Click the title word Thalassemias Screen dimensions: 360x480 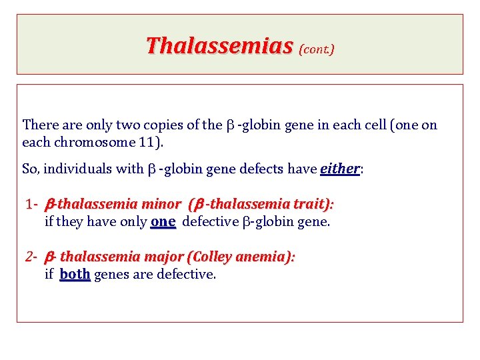[x=219, y=46]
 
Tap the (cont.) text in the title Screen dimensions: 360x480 [x=317, y=49]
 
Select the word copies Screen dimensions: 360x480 [x=160, y=125]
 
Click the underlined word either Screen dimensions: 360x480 [x=340, y=169]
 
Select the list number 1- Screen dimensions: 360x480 [x=33, y=204]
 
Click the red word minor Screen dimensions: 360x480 [x=161, y=204]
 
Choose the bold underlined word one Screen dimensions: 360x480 [x=163, y=221]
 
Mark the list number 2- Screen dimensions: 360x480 [x=33, y=257]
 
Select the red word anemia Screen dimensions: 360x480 [x=265, y=257]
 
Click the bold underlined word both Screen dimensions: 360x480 [x=75, y=274]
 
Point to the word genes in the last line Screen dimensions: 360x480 [x=111, y=275]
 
